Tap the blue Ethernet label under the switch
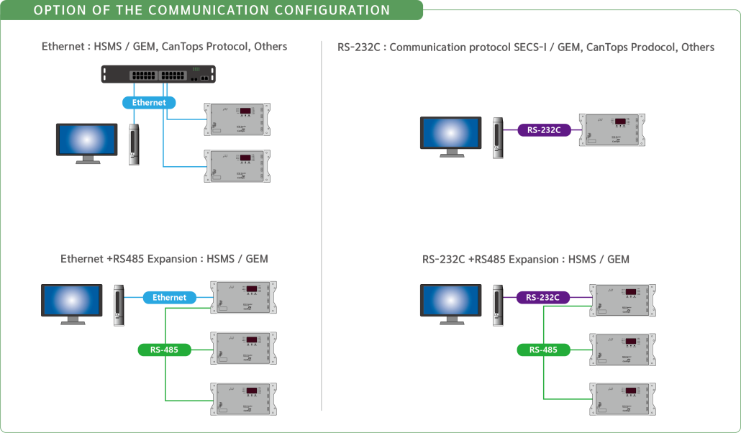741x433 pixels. [149, 103]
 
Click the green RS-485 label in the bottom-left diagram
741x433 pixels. [165, 350]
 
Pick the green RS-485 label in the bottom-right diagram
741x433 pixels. [543, 350]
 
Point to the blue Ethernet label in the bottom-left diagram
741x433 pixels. [169, 297]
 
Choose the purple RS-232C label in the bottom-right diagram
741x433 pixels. [542, 297]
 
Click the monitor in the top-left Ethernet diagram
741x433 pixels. [87, 142]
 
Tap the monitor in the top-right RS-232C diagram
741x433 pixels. [451, 135]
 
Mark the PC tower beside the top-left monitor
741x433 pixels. [133, 145]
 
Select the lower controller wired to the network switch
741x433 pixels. [237, 166]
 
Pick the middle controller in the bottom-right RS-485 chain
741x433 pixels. [622, 350]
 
